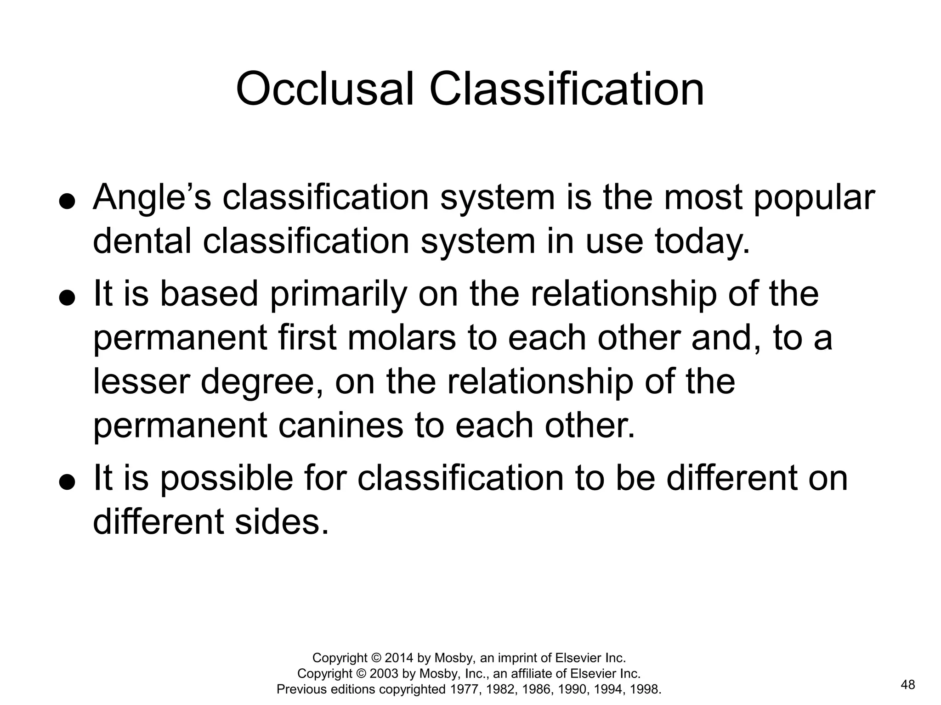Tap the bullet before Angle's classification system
[x=67, y=201]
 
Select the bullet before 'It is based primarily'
[x=67, y=298]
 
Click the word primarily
[x=338, y=294]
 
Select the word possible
[x=227, y=478]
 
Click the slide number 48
[x=908, y=685]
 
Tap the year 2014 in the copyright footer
[x=399, y=658]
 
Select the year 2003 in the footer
[x=384, y=673]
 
